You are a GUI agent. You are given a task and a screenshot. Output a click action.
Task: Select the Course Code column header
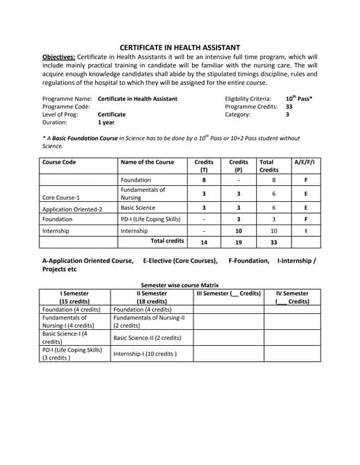[x=60, y=162]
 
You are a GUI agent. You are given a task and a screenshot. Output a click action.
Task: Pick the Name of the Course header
[x=147, y=162]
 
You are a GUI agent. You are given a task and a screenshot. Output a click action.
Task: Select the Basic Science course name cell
[x=138, y=208]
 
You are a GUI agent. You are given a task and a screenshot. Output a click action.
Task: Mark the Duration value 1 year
[x=106, y=123]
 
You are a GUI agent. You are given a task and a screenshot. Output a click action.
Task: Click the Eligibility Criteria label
[x=248, y=98]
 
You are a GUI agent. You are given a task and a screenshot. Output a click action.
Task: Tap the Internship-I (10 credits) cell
[x=145, y=354]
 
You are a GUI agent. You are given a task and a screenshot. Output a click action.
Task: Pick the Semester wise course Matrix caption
[x=179, y=286]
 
